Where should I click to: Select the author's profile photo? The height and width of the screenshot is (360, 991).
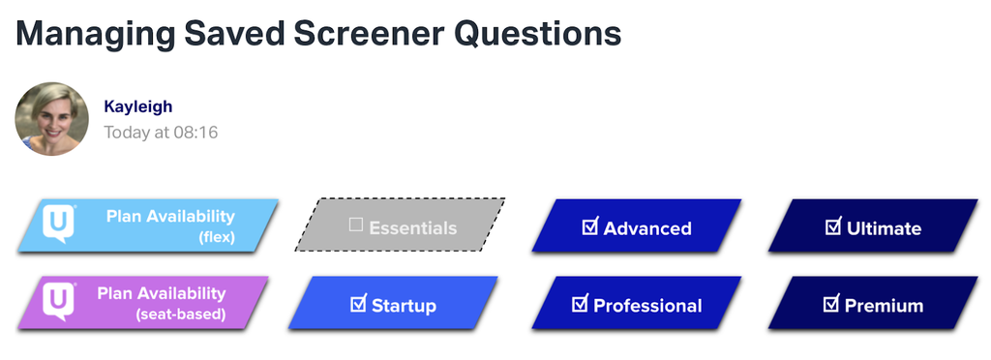(x=52, y=119)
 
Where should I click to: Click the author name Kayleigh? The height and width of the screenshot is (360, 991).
(x=137, y=106)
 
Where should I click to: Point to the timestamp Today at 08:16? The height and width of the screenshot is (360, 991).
(x=161, y=133)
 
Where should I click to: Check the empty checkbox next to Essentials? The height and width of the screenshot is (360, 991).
(x=356, y=225)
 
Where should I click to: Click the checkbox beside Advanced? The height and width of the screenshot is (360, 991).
(x=589, y=226)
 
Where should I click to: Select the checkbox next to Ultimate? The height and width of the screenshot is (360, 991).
(x=832, y=226)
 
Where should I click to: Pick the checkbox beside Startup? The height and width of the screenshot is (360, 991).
(x=358, y=304)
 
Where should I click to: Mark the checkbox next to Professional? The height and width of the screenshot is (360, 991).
(x=580, y=304)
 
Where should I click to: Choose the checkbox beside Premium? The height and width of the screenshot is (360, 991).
(x=830, y=304)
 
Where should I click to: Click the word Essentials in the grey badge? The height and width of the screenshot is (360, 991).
(x=412, y=228)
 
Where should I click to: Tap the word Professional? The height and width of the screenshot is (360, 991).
(x=647, y=306)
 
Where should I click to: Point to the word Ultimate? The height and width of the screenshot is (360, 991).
(x=884, y=228)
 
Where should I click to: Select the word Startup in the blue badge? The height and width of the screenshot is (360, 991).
(x=404, y=306)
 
